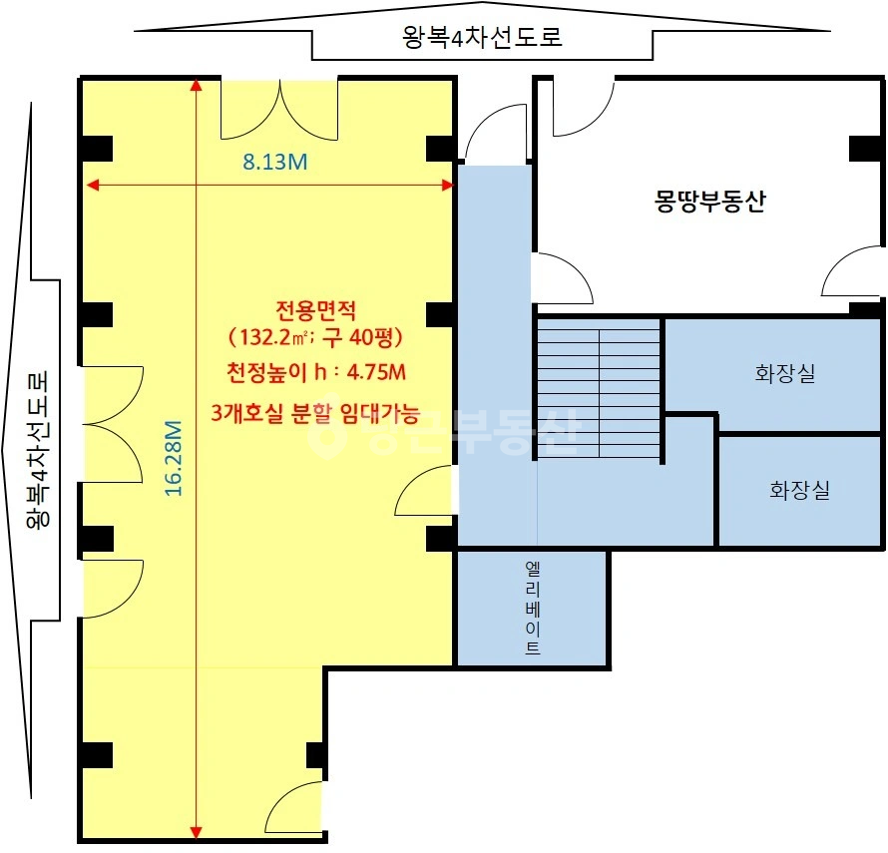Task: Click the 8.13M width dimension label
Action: pyautogui.click(x=275, y=162)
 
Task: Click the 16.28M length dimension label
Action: pyautogui.click(x=174, y=458)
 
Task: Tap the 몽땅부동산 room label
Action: pyautogui.click(x=709, y=201)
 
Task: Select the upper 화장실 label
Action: pyautogui.click(x=785, y=373)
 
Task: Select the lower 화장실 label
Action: pyautogui.click(x=799, y=490)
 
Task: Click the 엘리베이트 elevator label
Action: pyautogui.click(x=533, y=608)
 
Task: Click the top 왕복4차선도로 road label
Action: pyautogui.click(x=482, y=37)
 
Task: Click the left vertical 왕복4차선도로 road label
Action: pyautogui.click(x=37, y=450)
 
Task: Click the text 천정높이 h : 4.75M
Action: pyautogui.click(x=316, y=372)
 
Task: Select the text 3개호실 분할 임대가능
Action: pyautogui.click(x=315, y=413)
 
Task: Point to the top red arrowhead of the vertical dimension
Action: pyautogui.click(x=196, y=85)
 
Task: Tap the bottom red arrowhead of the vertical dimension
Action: pyautogui.click(x=196, y=832)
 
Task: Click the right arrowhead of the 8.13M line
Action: pyautogui.click(x=447, y=185)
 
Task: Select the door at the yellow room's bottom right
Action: pyautogui.click(x=292, y=810)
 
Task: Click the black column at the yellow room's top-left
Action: pyautogui.click(x=97, y=149)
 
